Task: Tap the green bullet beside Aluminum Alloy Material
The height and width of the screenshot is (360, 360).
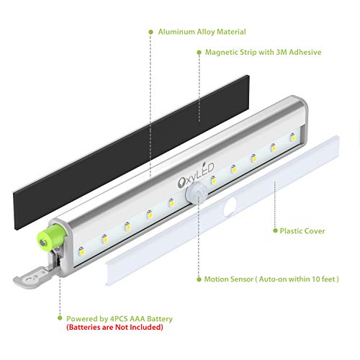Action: [150, 32]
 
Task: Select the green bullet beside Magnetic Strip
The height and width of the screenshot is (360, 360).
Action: [199, 53]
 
